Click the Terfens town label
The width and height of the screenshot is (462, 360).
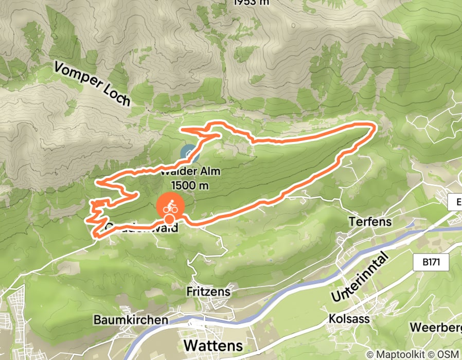tap(370, 222)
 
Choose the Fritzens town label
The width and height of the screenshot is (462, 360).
tap(208, 292)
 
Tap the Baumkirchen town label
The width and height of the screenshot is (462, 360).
tap(131, 319)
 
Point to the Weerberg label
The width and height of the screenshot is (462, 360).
tap(435, 327)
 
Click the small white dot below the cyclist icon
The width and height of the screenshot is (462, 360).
tap(168, 220)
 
